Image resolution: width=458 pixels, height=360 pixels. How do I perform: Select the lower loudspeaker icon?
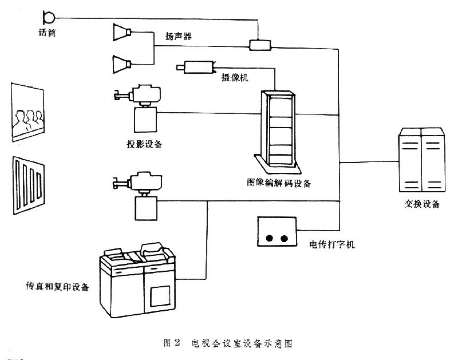click(123, 61)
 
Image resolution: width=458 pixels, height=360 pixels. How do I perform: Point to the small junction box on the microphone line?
click(259, 44)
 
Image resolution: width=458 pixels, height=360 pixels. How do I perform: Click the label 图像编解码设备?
click(278, 183)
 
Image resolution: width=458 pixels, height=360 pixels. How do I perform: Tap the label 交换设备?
click(422, 204)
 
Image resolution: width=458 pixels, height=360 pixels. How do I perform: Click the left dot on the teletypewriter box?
click(270, 238)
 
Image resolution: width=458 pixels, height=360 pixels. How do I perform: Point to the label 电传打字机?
click(333, 244)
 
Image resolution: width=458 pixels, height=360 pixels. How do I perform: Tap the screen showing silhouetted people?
click(27, 112)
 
